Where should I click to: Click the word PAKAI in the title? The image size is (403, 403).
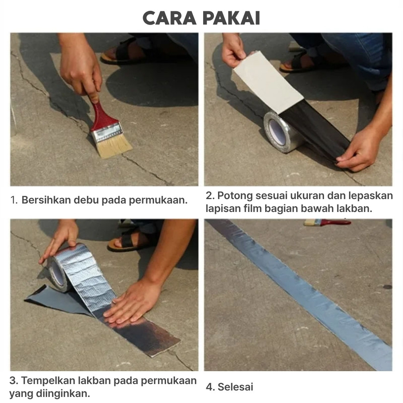(x=231, y=18)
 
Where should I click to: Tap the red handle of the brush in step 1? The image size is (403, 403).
(x=101, y=114)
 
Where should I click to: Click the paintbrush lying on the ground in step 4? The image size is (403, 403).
(x=327, y=222)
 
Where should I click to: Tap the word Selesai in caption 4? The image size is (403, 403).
(x=235, y=387)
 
